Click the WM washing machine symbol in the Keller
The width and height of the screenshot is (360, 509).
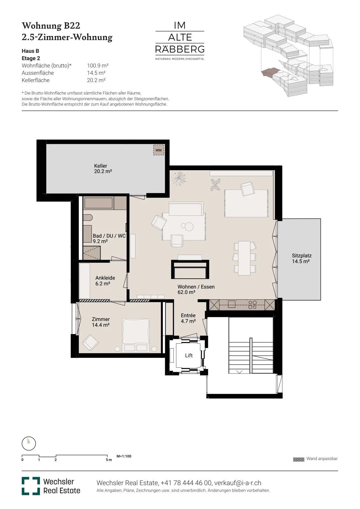159,150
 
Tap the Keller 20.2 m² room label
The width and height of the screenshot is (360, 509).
103,169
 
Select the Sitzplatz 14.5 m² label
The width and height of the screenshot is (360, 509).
301,258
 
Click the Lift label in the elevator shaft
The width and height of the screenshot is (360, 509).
189,355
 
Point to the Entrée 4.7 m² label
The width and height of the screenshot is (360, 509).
188,318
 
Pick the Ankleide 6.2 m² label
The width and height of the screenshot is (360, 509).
105,281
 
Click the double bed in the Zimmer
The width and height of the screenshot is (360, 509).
136,335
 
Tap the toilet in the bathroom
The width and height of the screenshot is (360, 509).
88,218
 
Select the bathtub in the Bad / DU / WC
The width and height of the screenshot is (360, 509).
98,203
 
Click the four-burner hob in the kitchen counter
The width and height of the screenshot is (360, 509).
252,305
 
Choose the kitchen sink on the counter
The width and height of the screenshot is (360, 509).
232,304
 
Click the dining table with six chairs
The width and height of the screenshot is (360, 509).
244,258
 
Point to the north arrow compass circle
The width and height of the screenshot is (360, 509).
29,443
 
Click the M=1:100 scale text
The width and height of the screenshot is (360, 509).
124,456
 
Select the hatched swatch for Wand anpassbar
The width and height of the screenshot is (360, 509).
298,460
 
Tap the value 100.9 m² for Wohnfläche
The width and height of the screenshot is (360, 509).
98,66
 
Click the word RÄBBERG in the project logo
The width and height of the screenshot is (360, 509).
180,49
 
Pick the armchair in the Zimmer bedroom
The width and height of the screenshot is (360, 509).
90,342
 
